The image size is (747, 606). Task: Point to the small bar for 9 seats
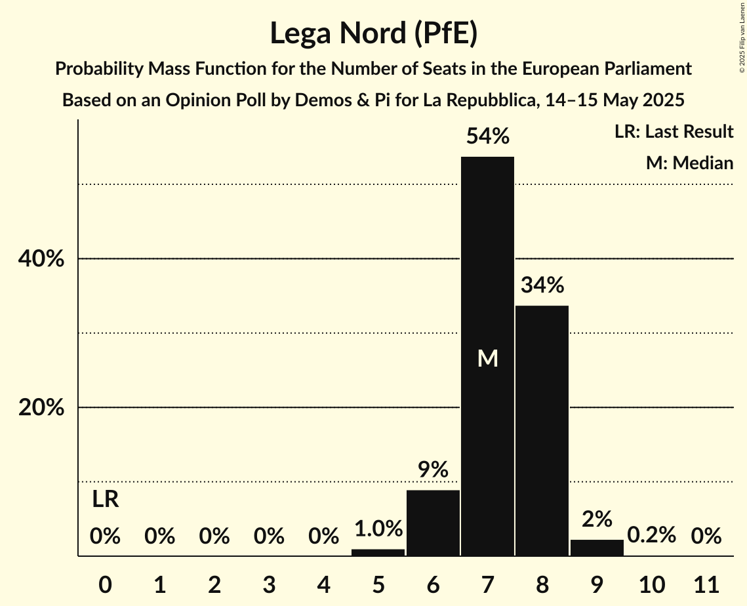[597, 548]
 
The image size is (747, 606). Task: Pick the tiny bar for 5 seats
[378, 553]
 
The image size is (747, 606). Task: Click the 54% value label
[487, 136]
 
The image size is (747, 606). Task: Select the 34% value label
[542, 285]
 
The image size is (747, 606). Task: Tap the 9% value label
[433, 470]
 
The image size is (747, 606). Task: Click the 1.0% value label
[378, 529]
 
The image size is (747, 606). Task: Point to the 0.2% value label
[651, 535]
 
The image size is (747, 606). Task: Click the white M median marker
[487, 358]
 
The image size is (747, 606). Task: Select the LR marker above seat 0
[105, 500]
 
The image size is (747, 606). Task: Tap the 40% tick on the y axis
[41, 259]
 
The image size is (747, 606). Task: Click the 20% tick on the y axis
[41, 408]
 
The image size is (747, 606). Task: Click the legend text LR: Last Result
[674, 132]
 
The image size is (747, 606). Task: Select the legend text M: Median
[689, 163]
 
